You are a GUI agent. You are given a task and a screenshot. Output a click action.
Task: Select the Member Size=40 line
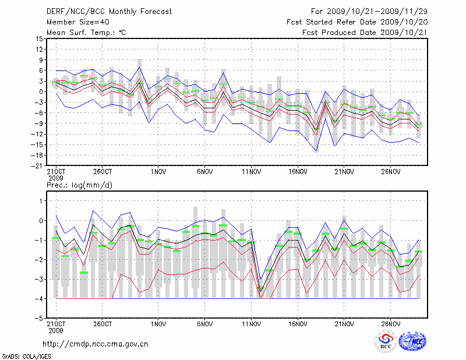[x=73, y=22]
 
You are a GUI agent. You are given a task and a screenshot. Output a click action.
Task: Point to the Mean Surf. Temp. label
[x=86, y=32]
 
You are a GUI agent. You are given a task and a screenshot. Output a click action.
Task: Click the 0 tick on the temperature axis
[x=40, y=91]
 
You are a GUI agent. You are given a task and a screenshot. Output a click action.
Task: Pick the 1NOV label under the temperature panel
[x=158, y=172]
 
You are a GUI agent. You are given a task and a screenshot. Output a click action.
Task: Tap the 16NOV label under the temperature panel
[x=298, y=172]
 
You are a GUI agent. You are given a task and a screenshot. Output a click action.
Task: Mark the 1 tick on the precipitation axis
[x=40, y=200]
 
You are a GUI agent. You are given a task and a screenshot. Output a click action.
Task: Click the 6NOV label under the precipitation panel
[x=204, y=324]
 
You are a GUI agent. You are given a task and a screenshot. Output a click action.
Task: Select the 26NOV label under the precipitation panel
[x=391, y=324]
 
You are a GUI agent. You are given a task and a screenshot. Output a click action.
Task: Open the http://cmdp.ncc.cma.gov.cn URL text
[x=96, y=343]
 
